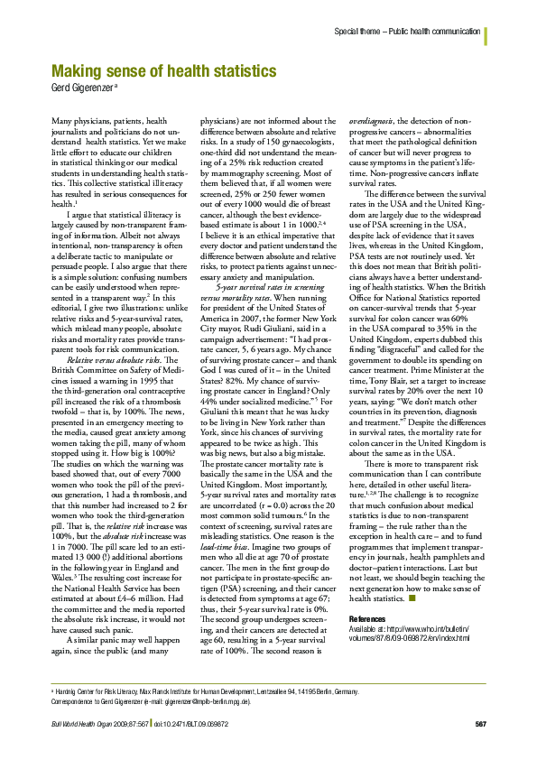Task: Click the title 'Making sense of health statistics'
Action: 164,70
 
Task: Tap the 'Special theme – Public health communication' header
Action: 406,32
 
